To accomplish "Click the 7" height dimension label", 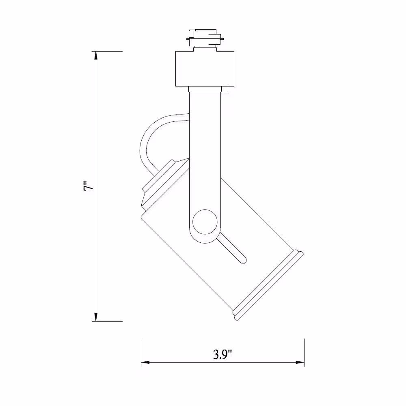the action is click(x=88, y=187).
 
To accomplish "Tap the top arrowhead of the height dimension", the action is click(x=96, y=56).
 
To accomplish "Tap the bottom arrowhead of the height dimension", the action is click(x=96, y=317).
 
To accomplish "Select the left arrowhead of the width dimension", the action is click(x=145, y=362).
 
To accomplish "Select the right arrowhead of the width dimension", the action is click(x=300, y=362).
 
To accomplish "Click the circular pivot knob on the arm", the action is click(x=205, y=222).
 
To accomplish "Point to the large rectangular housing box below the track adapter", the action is click(x=205, y=69).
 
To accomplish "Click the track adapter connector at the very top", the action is click(x=205, y=39).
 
